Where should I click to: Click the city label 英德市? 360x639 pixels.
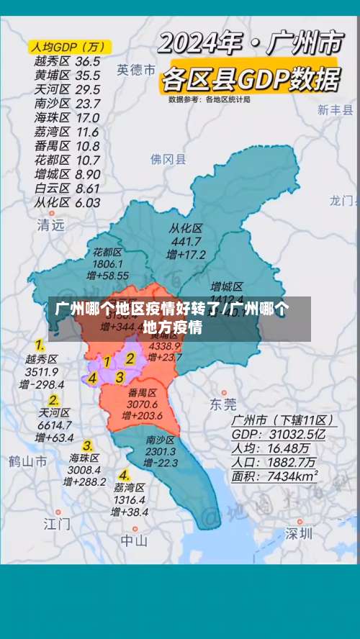(x=137, y=70)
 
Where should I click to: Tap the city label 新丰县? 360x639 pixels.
(x=336, y=110)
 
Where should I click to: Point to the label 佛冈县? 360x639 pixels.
(x=168, y=159)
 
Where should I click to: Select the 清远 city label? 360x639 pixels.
(x=50, y=225)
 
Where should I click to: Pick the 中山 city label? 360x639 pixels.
(x=134, y=540)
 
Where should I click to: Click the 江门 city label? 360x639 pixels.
(x=57, y=523)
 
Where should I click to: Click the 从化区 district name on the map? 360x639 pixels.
(x=186, y=228)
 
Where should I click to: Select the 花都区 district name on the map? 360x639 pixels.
(x=107, y=252)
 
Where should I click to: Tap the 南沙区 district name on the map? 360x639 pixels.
(x=160, y=440)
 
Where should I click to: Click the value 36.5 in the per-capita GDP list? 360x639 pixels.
(x=88, y=61)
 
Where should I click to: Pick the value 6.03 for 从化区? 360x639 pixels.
(x=88, y=202)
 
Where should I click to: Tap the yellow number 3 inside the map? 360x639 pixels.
(x=120, y=376)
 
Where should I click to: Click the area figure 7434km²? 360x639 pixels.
(x=294, y=476)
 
